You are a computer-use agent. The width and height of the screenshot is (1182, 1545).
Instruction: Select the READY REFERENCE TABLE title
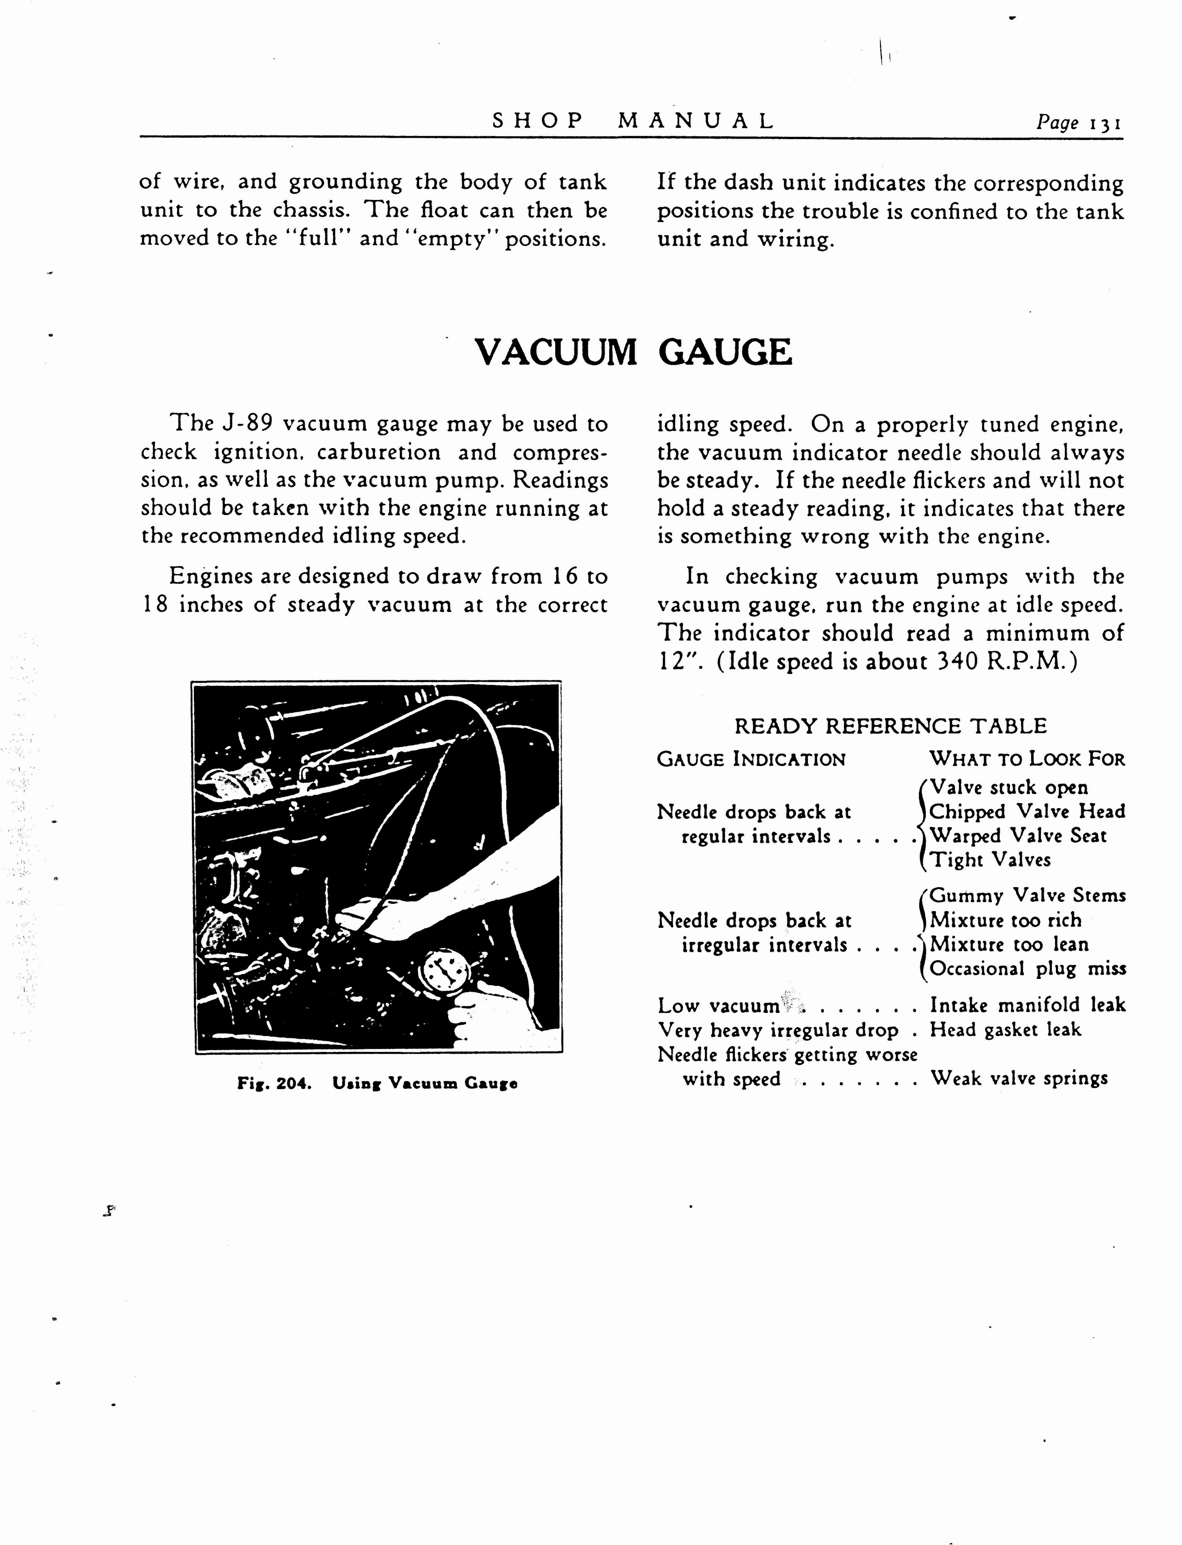[x=890, y=726]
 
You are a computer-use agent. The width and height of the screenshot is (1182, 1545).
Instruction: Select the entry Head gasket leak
[x=1005, y=1029]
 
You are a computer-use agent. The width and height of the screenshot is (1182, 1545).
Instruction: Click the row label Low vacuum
[x=718, y=1006]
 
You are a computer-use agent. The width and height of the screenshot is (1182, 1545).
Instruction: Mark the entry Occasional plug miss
[x=1027, y=969]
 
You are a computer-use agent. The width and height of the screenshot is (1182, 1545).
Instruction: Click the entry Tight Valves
[x=990, y=860]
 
